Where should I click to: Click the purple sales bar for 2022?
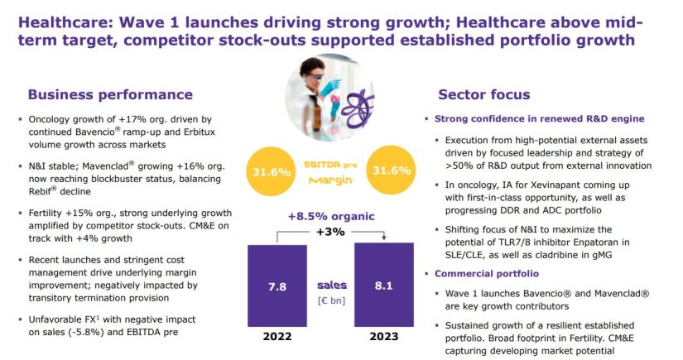click(277, 286)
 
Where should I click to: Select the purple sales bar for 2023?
click(384, 285)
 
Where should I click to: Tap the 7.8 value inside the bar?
click(277, 287)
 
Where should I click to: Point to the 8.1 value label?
click(384, 286)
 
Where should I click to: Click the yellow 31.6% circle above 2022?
click(272, 171)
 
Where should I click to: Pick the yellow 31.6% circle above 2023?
click(391, 170)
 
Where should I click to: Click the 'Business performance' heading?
click(110, 94)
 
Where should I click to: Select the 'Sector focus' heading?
click(484, 94)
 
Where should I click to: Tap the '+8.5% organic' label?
click(331, 216)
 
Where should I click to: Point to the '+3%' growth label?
click(330, 232)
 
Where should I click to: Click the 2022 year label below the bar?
click(277, 337)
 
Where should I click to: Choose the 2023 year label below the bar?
click(384, 337)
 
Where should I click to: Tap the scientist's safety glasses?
click(315, 78)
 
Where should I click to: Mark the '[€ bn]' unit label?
click(331, 300)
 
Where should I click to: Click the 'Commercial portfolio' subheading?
click(487, 273)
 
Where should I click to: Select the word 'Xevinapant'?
click(538, 185)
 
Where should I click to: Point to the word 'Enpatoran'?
click(608, 242)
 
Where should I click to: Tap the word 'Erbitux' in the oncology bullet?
click(199, 132)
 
